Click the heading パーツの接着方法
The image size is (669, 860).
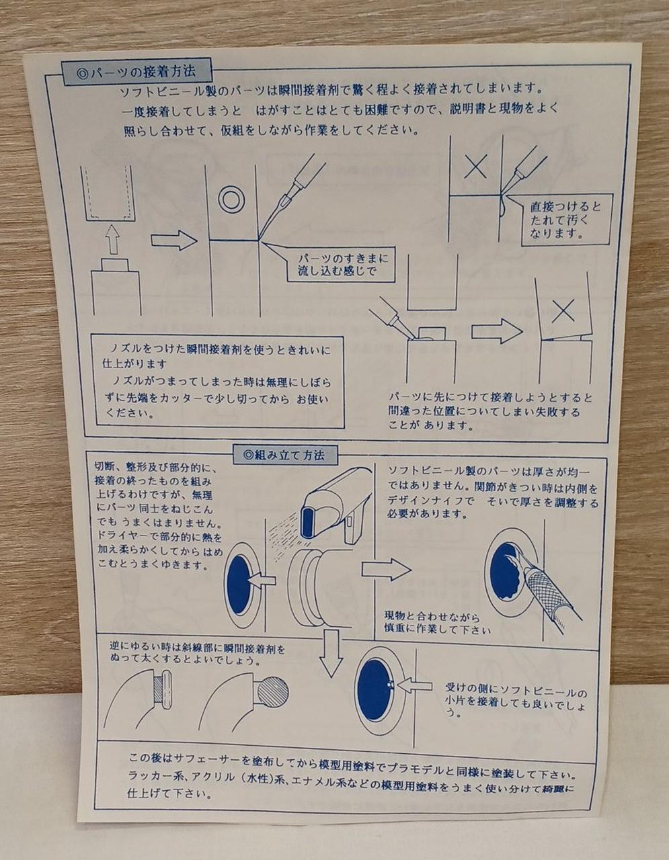coord(136,72)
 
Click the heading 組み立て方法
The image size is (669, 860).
coord(284,455)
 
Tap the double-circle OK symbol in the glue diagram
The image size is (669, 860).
coord(231,198)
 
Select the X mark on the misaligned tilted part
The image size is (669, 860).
coord(563,310)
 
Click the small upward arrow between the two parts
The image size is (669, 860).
coord(113,239)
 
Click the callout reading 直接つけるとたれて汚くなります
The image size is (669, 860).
coord(566,220)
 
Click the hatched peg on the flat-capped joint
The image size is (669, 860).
coord(159,689)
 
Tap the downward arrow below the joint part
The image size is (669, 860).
coord(331,654)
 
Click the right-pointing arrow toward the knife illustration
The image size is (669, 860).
coord(387,570)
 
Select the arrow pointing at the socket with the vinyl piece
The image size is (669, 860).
coord(414,685)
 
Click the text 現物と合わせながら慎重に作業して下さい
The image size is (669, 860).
coord(436,623)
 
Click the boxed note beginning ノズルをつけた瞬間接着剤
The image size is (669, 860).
coord(218,382)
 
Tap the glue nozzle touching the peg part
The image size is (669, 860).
coord(392,322)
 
